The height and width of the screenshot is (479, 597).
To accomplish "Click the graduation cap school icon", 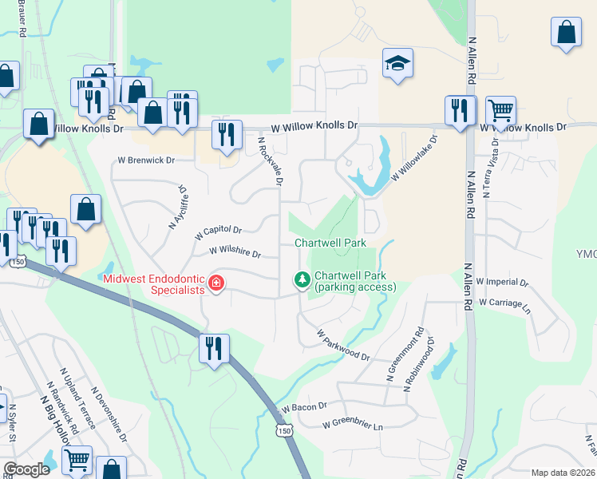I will [397, 65].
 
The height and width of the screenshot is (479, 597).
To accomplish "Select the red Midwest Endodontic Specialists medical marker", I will [215, 283].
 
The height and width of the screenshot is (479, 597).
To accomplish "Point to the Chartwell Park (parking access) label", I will [350, 281].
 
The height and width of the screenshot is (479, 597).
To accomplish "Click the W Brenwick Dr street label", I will [146, 160].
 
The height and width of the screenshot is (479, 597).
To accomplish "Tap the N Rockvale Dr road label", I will [271, 160].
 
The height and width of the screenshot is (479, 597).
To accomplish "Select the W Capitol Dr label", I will [219, 232].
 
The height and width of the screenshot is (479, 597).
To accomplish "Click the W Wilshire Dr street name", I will [235, 251].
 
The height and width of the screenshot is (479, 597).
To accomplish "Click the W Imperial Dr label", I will [502, 282].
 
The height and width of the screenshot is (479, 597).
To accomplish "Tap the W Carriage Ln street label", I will [504, 304].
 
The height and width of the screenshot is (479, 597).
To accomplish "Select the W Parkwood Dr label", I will [343, 344].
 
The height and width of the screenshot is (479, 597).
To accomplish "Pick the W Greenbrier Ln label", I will [353, 426].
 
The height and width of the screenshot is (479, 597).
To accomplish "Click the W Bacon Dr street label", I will [304, 407].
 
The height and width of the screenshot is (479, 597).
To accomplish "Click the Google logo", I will [26, 469].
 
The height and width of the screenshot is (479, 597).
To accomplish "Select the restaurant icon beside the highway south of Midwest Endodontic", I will [214, 350].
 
